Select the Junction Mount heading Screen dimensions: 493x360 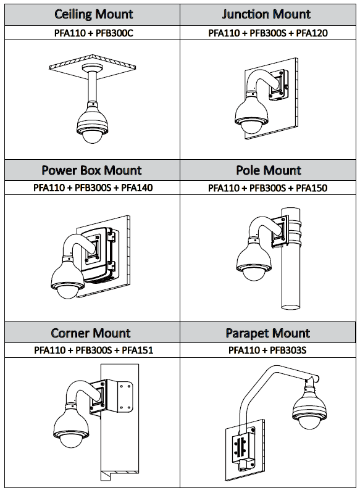click(x=267, y=14)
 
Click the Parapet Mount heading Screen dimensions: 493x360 click(x=267, y=333)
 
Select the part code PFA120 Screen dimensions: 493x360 click(x=312, y=33)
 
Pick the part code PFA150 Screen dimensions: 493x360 click(x=312, y=188)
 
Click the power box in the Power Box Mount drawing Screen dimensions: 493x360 click(x=99, y=253)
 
